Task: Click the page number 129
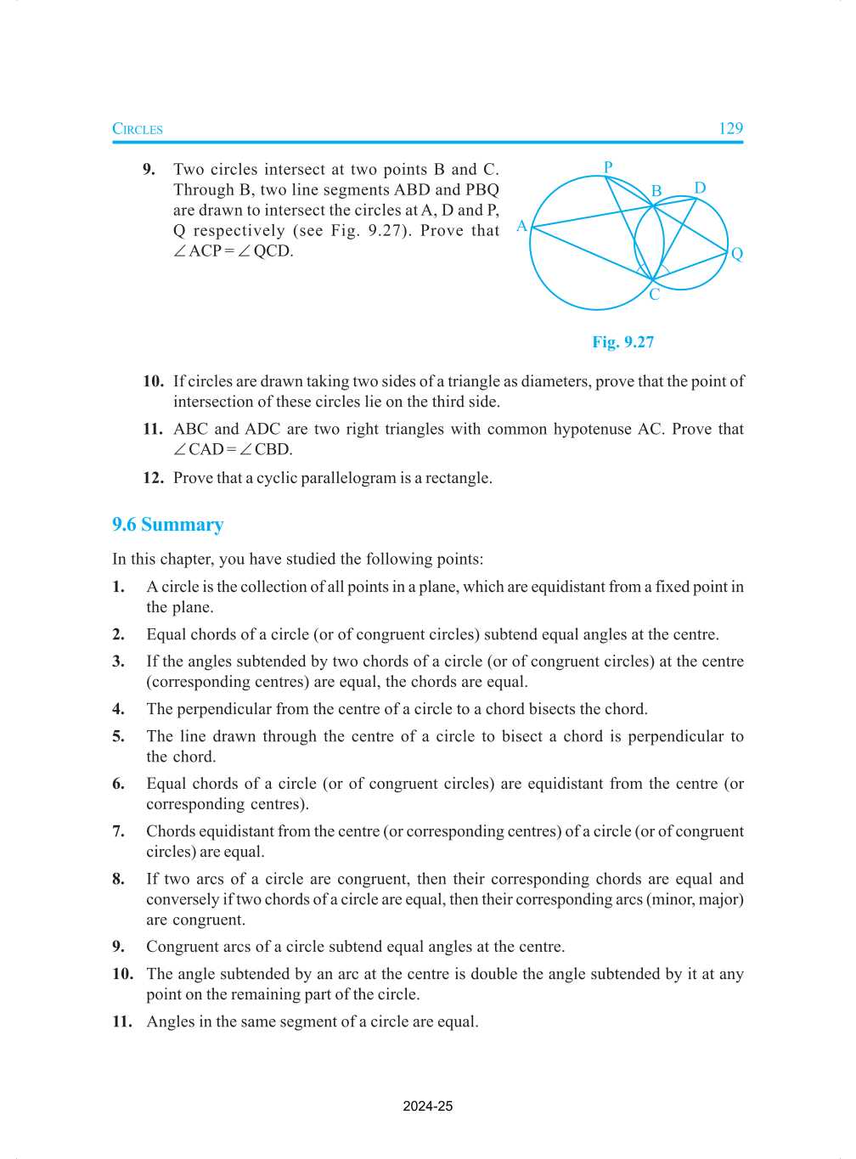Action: [730, 128]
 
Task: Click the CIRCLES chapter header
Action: [138, 129]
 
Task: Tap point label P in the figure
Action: [608, 166]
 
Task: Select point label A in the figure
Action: [521, 226]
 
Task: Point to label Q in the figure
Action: [737, 254]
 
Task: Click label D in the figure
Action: [700, 188]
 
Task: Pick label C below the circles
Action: [654, 295]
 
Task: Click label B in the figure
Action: [656, 191]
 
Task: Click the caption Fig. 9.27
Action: [622, 342]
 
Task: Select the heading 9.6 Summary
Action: [167, 525]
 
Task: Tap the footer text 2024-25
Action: [428, 1106]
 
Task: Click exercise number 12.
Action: [153, 478]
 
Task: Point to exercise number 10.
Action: [153, 381]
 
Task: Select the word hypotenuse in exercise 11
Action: [592, 429]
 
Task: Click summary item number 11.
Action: [122, 1021]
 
